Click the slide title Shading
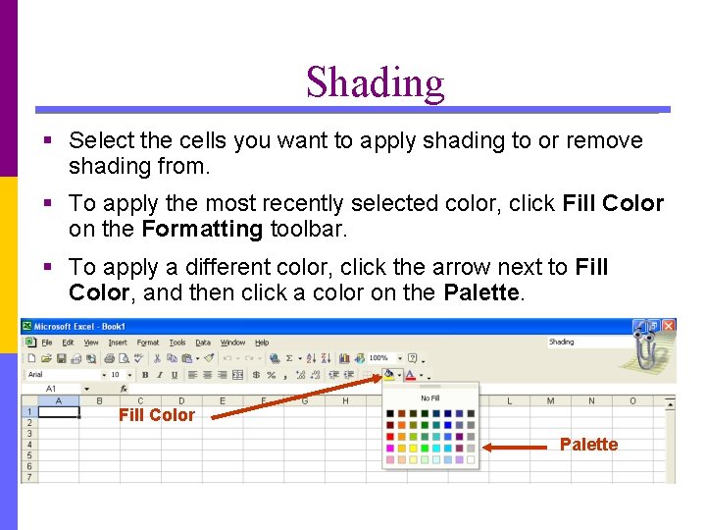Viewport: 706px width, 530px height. pyautogui.click(x=375, y=82)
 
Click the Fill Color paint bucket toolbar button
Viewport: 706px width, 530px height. pyautogui.click(x=388, y=374)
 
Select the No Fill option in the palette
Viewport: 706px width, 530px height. pyautogui.click(x=429, y=398)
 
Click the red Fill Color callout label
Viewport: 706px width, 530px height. pyautogui.click(x=157, y=415)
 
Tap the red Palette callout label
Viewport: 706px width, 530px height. pyautogui.click(x=588, y=445)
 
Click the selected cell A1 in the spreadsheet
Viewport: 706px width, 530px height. pyautogui.click(x=58, y=412)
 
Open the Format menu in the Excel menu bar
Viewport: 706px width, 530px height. pyautogui.click(x=148, y=343)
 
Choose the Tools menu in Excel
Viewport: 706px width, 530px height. pyautogui.click(x=177, y=343)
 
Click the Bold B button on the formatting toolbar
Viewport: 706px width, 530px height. pyautogui.click(x=145, y=375)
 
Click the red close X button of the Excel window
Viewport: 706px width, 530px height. pyautogui.click(x=668, y=326)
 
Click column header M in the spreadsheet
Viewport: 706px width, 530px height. pyautogui.click(x=550, y=400)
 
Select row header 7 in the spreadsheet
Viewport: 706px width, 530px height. pyautogui.click(x=28, y=477)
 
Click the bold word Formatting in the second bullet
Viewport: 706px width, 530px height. pyautogui.click(x=201, y=230)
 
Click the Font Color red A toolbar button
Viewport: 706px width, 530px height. pyautogui.click(x=409, y=375)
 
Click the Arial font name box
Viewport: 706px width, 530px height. pyautogui.click(x=61, y=375)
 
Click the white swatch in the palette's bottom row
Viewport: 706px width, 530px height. pyautogui.click(x=471, y=459)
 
